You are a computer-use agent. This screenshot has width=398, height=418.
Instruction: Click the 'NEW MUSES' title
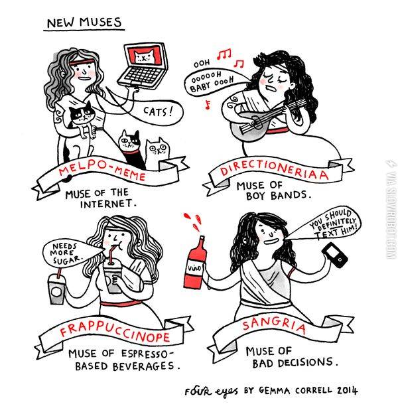coord(84,23)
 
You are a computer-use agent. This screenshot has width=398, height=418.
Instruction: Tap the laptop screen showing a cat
coord(145,56)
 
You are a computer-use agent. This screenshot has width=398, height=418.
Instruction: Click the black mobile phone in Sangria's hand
coord(334,255)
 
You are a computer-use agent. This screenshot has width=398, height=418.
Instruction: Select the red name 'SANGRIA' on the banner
coord(274,326)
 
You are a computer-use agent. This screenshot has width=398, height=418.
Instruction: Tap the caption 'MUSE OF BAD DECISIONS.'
coord(291,357)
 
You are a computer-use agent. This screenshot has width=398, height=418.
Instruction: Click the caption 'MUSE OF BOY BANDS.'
coord(273,190)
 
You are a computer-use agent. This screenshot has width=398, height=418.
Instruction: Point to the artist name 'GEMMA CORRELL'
coord(296,391)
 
